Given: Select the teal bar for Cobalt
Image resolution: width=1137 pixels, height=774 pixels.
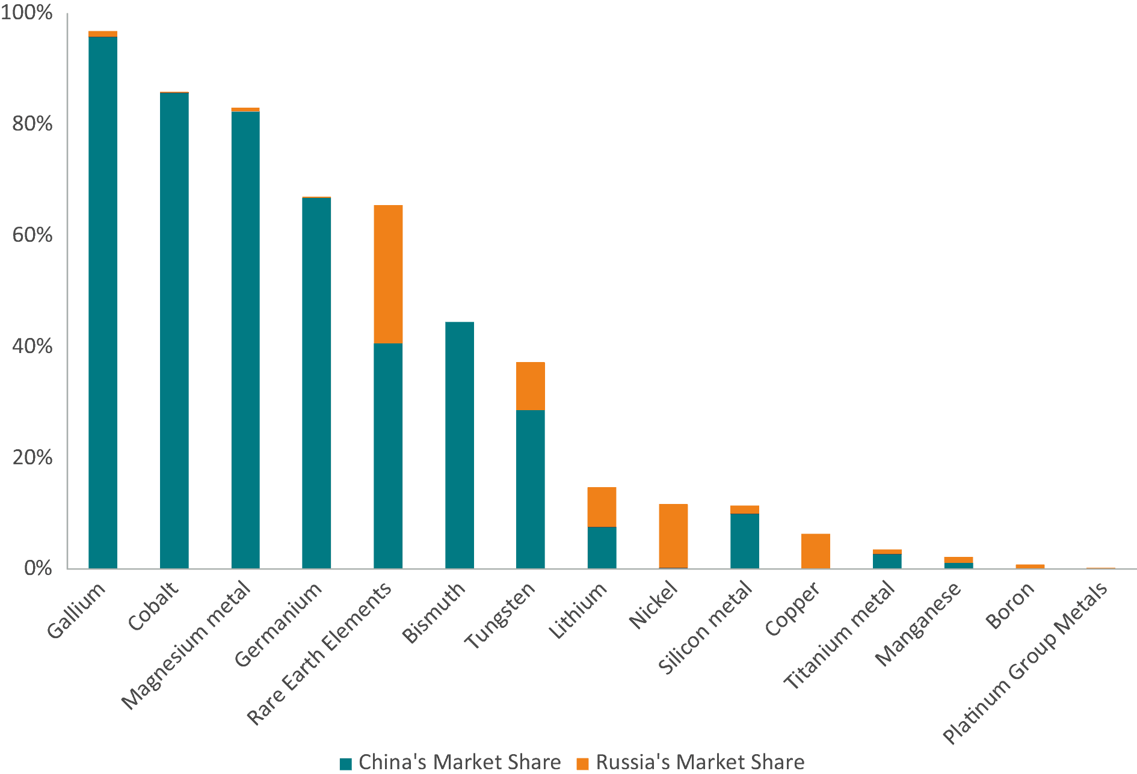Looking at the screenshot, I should pyautogui.click(x=174, y=331).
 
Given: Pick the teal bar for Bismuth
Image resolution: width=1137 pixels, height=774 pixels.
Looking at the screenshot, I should pyautogui.click(x=460, y=445).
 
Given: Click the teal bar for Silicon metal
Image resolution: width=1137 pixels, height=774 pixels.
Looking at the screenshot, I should pyautogui.click(x=745, y=541).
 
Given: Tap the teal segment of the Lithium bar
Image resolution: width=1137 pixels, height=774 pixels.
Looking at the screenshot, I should pyautogui.click(x=602, y=547).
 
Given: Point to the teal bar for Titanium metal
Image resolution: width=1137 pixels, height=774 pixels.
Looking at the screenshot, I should pyautogui.click(x=887, y=561).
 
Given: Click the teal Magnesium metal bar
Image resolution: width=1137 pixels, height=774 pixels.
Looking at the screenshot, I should pyautogui.click(x=245, y=340).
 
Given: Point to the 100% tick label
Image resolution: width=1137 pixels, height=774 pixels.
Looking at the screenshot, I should pyautogui.click(x=26, y=13).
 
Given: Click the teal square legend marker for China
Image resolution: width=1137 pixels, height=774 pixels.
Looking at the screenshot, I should pyautogui.click(x=346, y=764).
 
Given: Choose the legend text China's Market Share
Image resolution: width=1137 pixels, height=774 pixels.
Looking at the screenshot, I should pyautogui.click(x=460, y=763).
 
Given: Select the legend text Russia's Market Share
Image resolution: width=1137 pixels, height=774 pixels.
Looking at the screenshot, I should pyautogui.click(x=700, y=763).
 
